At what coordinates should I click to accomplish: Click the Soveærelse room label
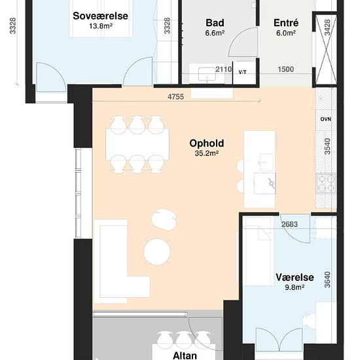point(100,16)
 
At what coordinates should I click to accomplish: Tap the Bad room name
point(215,23)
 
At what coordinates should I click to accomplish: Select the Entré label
point(286,23)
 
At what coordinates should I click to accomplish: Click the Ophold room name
point(207,143)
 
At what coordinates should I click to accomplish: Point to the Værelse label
point(295,278)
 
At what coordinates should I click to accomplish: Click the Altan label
point(185,355)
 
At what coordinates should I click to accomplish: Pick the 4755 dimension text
point(175,97)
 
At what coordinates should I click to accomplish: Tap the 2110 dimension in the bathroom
point(223,69)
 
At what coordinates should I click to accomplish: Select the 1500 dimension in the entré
point(285,69)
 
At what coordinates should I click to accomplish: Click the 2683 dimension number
point(289,225)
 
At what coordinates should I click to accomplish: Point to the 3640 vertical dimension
point(328,279)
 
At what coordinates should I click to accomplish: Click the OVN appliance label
point(326,119)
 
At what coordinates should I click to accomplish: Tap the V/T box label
point(242,72)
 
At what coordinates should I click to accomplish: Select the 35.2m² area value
point(206,153)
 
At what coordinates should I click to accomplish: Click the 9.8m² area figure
point(295,287)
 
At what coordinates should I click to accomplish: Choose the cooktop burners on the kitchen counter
point(326,183)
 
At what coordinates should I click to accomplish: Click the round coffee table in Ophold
point(157,252)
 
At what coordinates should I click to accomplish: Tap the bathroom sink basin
point(207,74)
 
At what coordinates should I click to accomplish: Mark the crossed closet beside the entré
point(326,49)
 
